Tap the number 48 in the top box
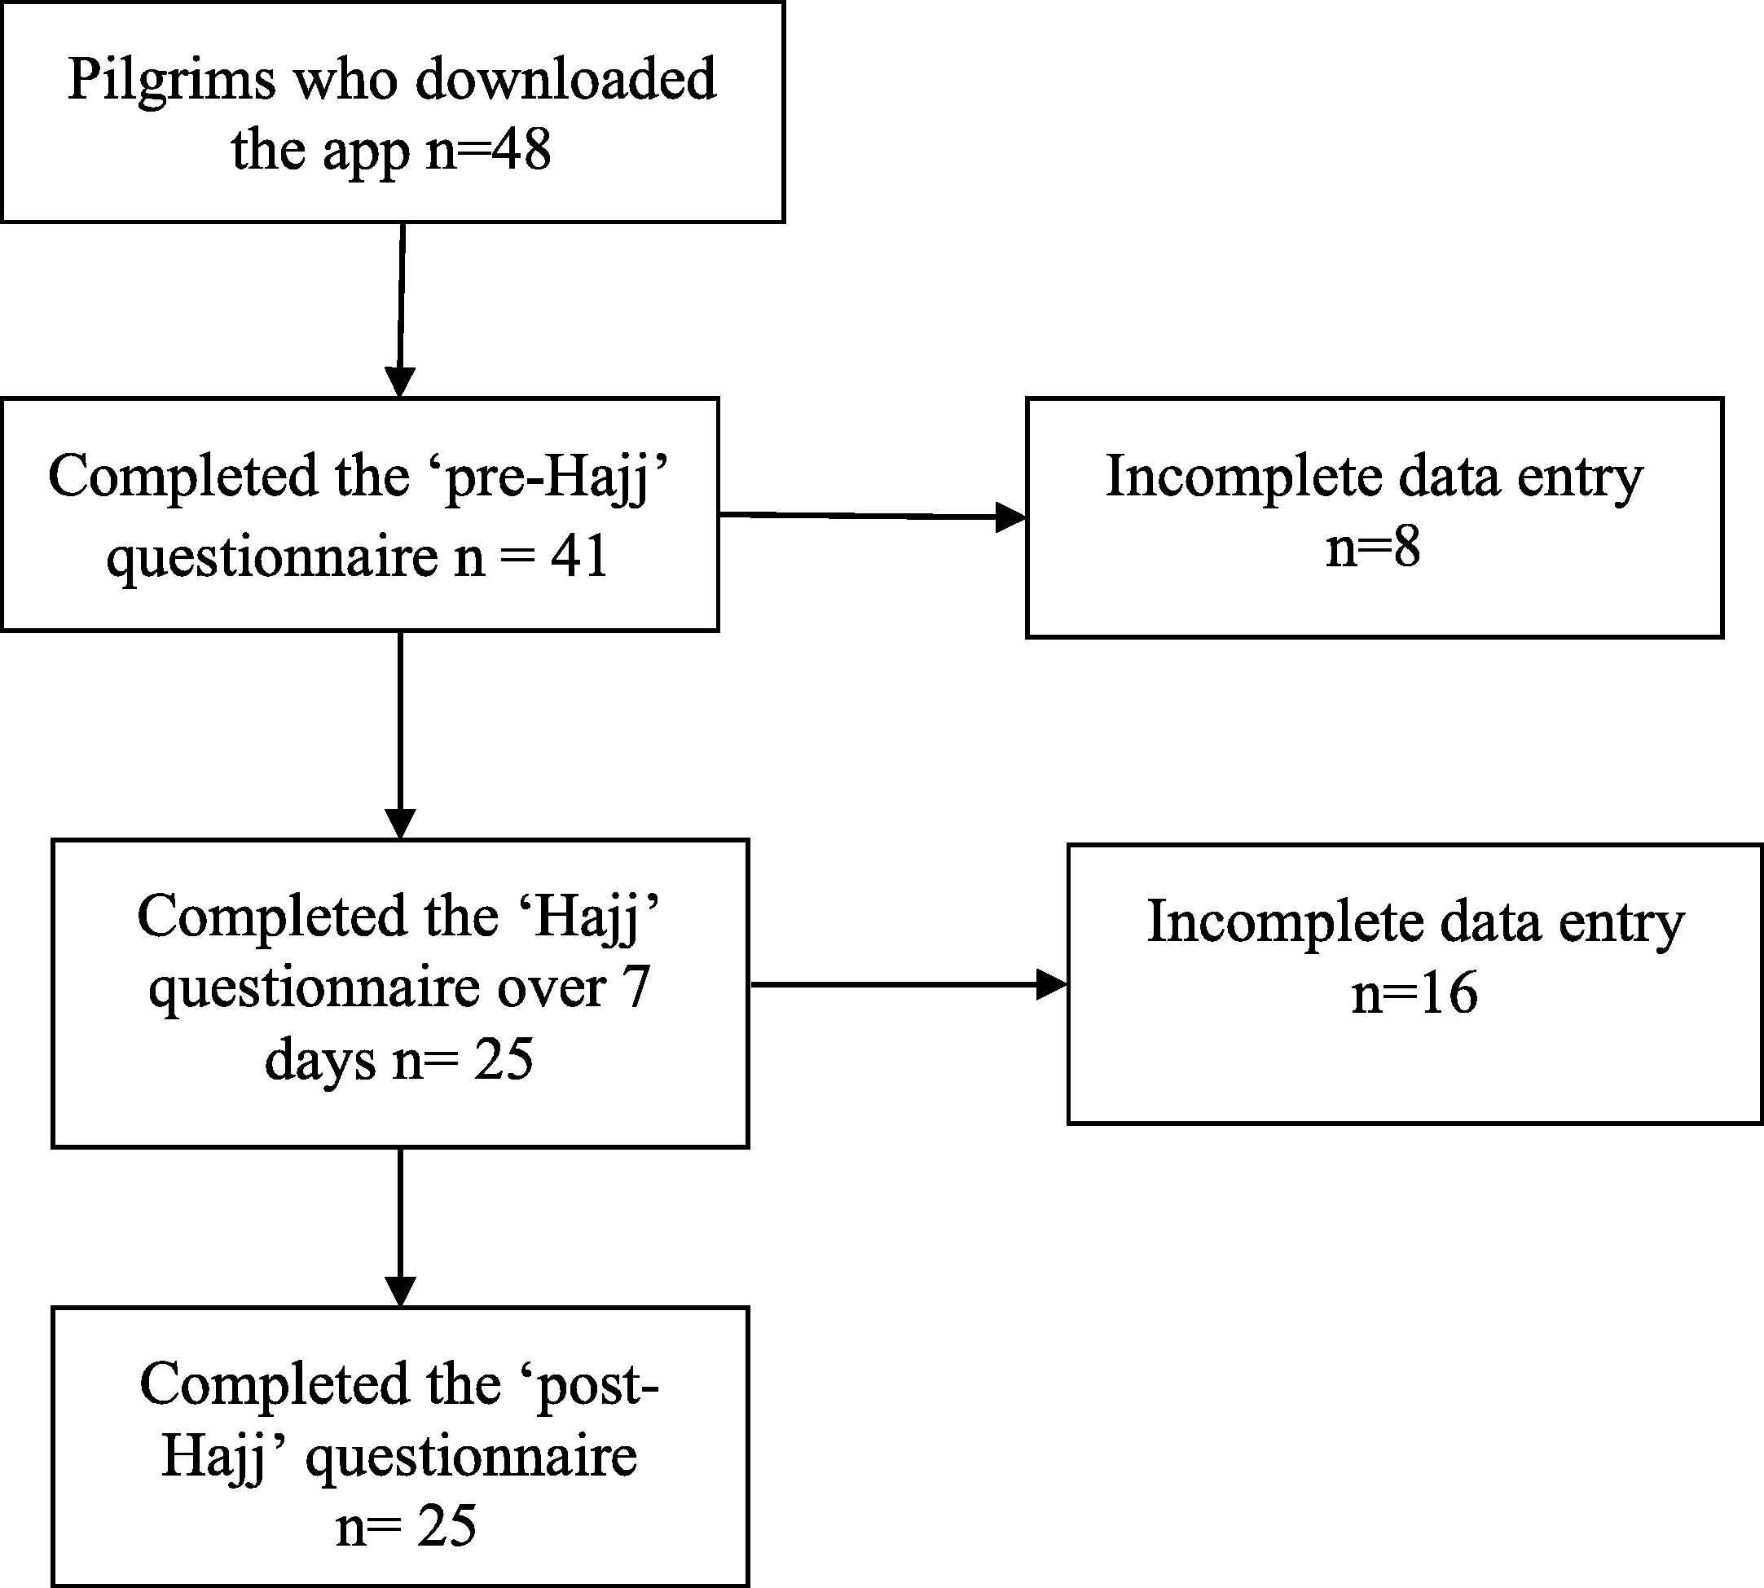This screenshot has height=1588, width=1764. [521, 150]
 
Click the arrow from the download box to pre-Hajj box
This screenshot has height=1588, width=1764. [402, 310]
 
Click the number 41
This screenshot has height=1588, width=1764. [578, 556]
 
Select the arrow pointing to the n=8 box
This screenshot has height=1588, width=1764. [873, 517]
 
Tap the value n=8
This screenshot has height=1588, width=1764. [1373, 548]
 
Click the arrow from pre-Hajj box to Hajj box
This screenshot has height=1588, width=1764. [400, 735]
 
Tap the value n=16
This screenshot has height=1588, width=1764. [1415, 993]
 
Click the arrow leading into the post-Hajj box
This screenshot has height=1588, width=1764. [400, 1228]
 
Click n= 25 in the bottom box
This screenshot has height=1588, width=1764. [407, 1524]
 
